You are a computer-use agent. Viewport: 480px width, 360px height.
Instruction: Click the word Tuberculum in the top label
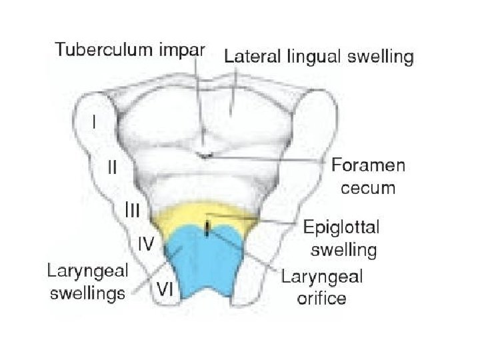97,49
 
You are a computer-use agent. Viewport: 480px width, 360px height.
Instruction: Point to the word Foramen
367,165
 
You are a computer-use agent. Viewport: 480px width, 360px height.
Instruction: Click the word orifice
322,297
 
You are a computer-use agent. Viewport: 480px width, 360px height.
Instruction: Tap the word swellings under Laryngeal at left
88,293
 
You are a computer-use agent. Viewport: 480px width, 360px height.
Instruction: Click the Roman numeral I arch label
95,123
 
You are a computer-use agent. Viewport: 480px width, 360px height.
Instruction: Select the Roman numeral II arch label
113,168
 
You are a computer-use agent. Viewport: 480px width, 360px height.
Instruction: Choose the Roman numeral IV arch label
146,244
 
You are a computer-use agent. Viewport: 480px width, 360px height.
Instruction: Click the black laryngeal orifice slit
207,229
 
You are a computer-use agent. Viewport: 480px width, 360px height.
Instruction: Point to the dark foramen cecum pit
205,155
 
